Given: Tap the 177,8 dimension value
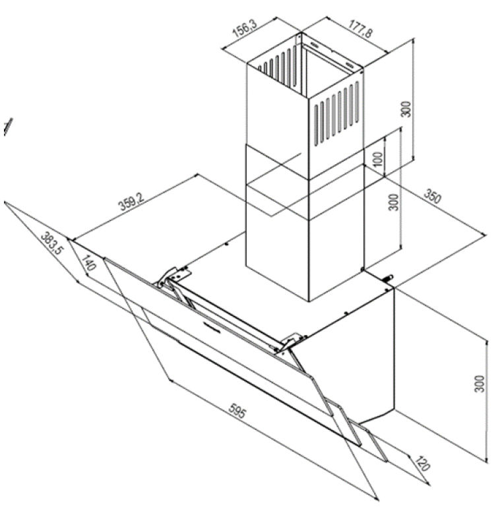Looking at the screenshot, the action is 361,29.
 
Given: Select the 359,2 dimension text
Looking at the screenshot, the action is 131,201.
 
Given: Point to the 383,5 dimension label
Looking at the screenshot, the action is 52,243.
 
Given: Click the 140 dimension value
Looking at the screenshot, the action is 88,262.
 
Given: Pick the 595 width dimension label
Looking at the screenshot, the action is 237,411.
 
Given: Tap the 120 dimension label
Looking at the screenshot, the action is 421,463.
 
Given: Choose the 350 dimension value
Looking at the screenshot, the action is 432,196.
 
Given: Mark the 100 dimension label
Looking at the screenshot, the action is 378,159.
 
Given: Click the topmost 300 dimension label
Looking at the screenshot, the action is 406,109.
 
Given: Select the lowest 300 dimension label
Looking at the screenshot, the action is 480,384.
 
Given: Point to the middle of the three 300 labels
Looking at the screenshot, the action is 393,202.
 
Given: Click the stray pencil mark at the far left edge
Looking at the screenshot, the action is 8,127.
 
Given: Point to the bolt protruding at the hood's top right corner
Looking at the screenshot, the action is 390,278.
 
